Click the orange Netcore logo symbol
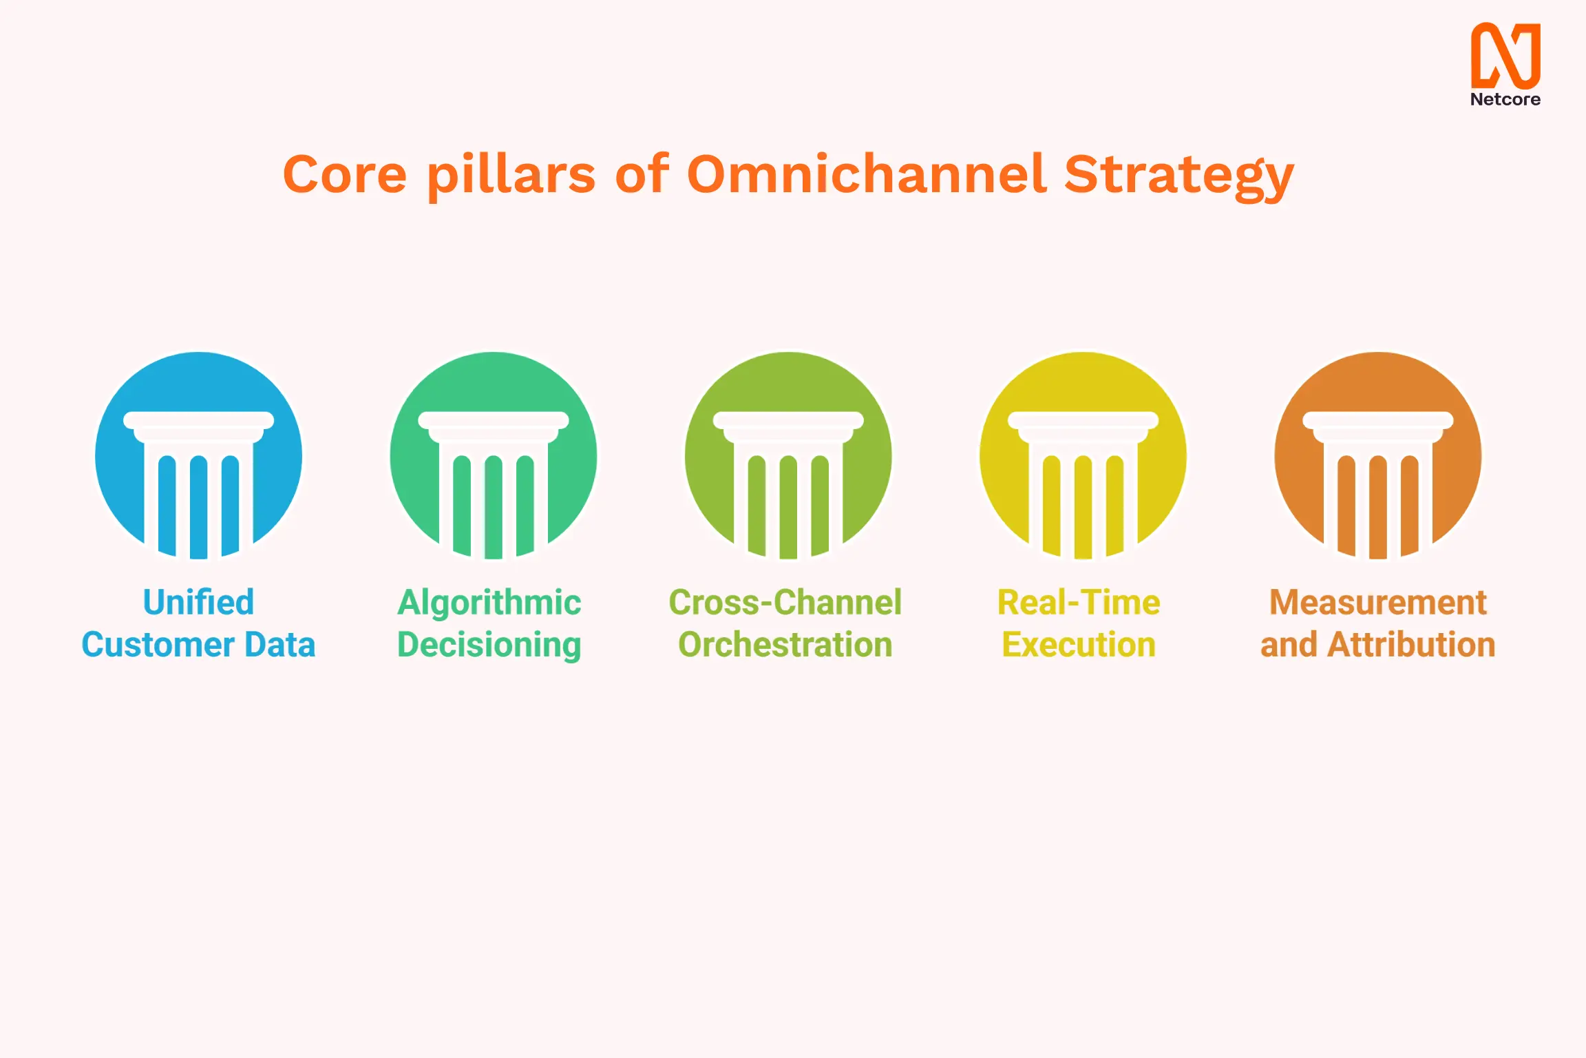(x=1505, y=55)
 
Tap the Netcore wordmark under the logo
(x=1505, y=100)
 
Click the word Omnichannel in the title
(x=867, y=174)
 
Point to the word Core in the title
(x=344, y=174)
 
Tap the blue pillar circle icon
(x=198, y=455)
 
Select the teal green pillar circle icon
(x=493, y=455)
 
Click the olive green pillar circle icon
(x=788, y=455)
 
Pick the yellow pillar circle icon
(x=1083, y=455)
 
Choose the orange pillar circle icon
(x=1377, y=455)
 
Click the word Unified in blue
(x=198, y=603)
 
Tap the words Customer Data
(x=198, y=645)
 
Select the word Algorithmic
(x=489, y=603)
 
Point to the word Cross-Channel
(x=785, y=603)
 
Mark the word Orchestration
(x=785, y=645)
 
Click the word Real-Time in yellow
(x=1079, y=603)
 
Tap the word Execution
(x=1079, y=645)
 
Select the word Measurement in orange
(x=1377, y=603)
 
